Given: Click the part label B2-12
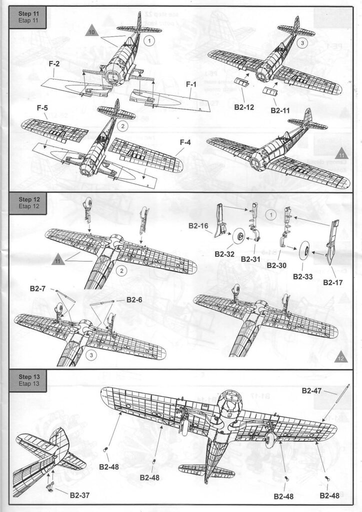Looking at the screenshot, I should click(x=245, y=107).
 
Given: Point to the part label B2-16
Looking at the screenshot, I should click(x=198, y=226).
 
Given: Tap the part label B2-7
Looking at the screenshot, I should click(x=38, y=289).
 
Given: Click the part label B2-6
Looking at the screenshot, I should click(x=135, y=299).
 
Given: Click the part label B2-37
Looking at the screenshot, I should click(x=80, y=495).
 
